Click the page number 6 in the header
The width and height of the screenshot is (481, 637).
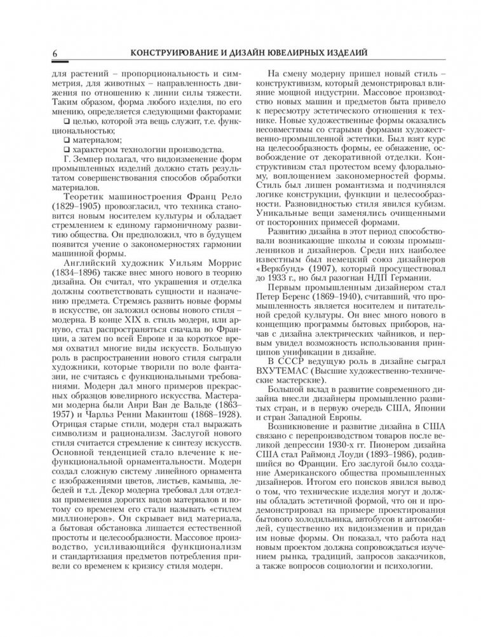(x=56, y=55)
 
